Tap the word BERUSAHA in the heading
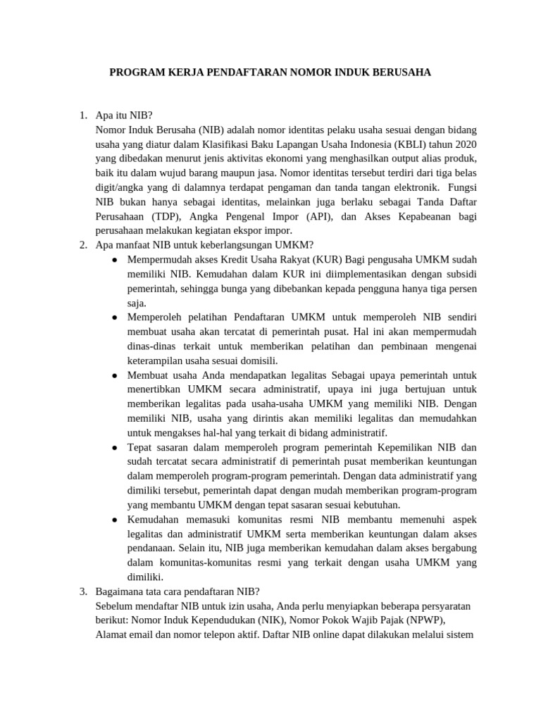pyautogui.click(x=402, y=73)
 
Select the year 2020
pyautogui.click(x=463, y=144)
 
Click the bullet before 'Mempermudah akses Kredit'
pyautogui.click(x=115, y=260)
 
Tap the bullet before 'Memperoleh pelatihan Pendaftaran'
pyautogui.click(x=115, y=318)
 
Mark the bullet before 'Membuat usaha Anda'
pyautogui.click(x=115, y=375)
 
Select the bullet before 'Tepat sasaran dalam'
pyautogui.click(x=115, y=447)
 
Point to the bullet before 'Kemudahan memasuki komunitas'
pyautogui.click(x=115, y=519)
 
